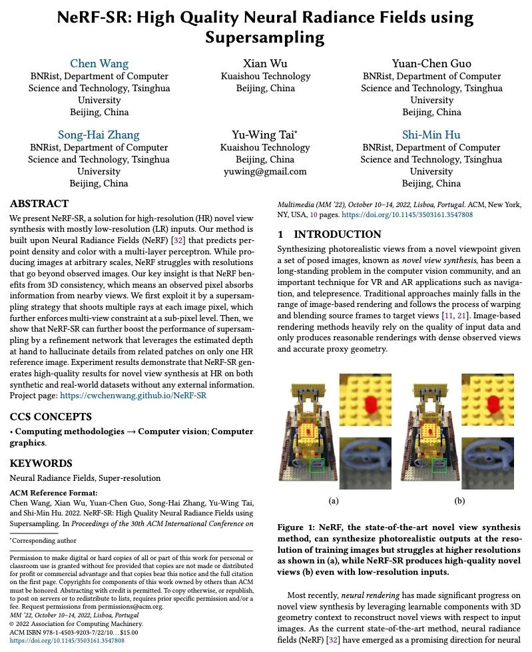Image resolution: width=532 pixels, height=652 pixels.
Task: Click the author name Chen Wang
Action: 99,64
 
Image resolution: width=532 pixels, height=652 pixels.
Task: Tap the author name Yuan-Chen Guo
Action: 431,64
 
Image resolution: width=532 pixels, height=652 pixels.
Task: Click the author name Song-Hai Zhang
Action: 99,135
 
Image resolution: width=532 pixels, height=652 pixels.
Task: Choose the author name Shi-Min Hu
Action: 431,135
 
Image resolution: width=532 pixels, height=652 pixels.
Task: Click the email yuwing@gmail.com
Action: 265,171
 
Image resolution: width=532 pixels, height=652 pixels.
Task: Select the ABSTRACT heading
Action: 39,204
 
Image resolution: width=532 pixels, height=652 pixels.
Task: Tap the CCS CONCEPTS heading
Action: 51,417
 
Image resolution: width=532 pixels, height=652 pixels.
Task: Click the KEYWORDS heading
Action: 41,463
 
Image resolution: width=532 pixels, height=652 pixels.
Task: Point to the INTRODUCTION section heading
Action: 329,234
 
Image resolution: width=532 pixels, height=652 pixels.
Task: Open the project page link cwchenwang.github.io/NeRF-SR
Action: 133,396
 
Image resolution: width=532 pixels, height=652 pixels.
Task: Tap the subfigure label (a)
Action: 334,500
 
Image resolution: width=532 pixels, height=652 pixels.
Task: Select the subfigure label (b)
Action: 459,500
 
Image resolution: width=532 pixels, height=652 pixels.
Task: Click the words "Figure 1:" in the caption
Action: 297,527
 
